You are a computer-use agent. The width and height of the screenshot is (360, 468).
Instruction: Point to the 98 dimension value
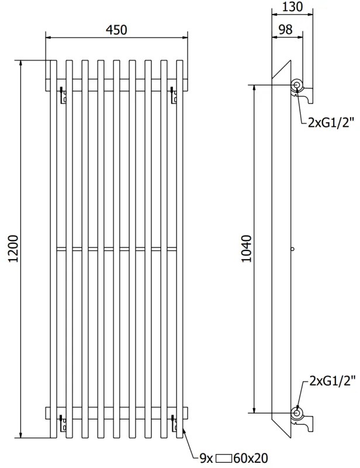[286, 29]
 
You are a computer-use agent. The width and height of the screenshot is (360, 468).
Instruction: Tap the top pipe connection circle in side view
[297, 85]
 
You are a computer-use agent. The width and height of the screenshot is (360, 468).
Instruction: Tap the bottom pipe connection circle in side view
[297, 412]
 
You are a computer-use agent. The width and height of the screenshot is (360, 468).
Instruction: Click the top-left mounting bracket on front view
[61, 96]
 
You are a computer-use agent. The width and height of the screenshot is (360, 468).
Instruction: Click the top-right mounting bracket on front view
[173, 96]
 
